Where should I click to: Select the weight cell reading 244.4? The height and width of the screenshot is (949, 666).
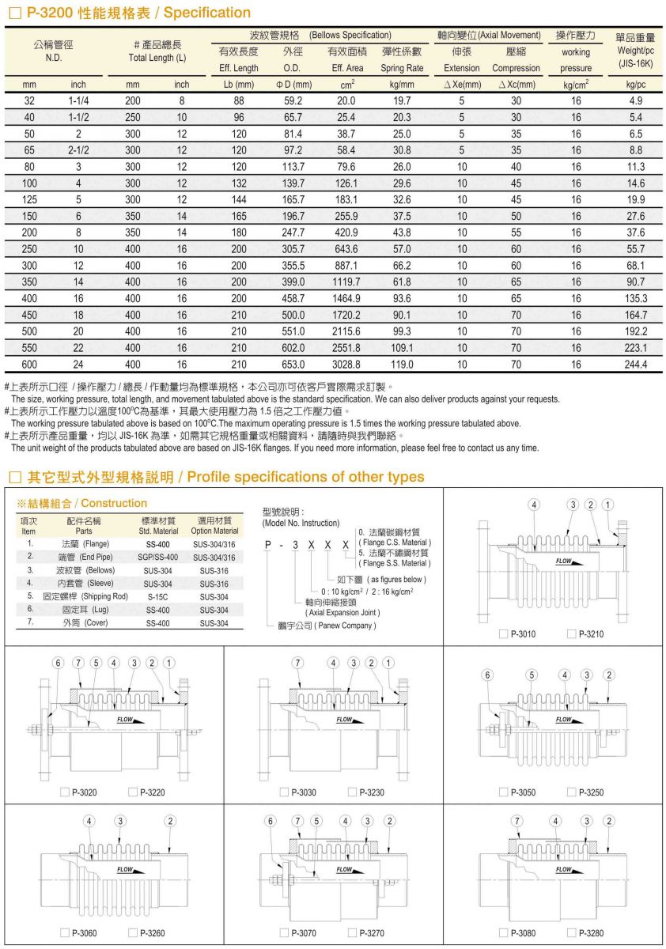(x=635, y=365)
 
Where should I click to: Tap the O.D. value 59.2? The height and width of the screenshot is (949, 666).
(x=293, y=100)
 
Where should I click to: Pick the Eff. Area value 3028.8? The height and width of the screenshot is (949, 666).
(x=346, y=365)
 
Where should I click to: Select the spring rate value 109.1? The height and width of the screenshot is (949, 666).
(x=402, y=348)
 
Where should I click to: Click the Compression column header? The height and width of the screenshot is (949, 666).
(x=516, y=68)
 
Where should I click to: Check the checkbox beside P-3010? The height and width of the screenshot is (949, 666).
(x=504, y=634)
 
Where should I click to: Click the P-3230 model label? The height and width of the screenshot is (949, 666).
(x=371, y=792)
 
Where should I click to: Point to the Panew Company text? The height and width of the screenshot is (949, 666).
(x=341, y=626)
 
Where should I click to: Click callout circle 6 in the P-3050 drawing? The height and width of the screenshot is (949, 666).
(x=487, y=675)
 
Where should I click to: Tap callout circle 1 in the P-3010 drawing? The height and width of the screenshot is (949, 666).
(x=607, y=505)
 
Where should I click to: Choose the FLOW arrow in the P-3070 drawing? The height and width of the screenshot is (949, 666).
(x=345, y=870)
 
